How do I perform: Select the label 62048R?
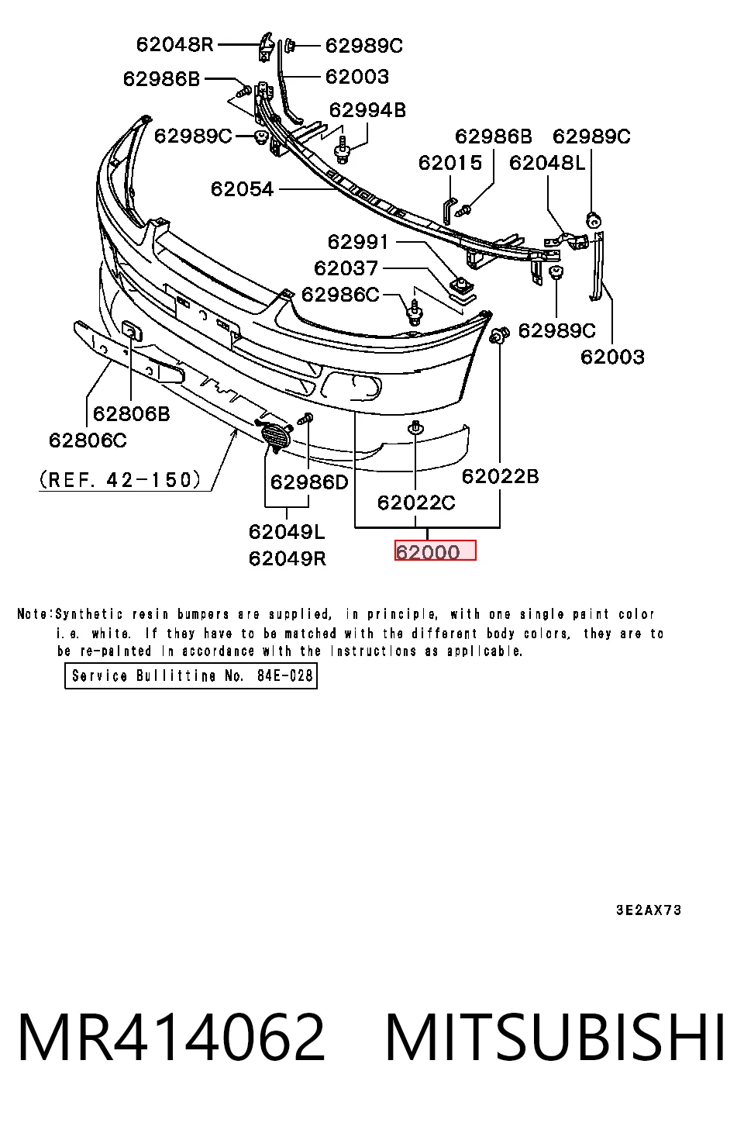175,45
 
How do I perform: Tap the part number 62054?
242,189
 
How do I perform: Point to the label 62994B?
367,110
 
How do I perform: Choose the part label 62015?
450,162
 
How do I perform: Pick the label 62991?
358,242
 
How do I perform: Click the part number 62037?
346,268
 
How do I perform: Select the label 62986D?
309,482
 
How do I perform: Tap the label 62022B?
501,475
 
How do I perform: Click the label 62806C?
88,440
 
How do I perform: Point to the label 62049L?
287,531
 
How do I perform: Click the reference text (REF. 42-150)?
120,479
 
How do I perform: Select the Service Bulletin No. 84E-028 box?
191,675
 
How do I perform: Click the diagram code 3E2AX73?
649,910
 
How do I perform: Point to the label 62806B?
132,413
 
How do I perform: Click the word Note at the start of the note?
33,613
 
